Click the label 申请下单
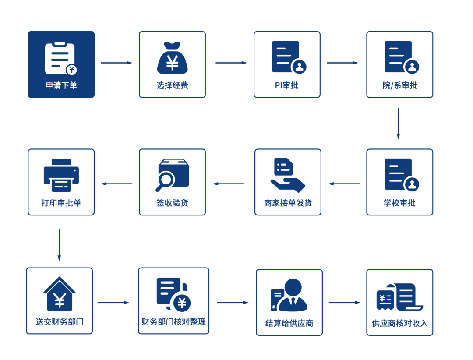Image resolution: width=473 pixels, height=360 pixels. (61, 85)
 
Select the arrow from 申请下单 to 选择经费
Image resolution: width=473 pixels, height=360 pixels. (116, 63)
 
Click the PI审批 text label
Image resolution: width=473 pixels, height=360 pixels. (286, 85)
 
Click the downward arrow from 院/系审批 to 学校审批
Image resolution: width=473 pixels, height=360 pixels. (398, 124)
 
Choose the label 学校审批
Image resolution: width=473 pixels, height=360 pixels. (399, 203)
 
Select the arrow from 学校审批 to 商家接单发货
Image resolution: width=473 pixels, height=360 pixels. (344, 184)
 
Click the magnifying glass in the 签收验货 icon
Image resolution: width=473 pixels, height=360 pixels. (166, 180)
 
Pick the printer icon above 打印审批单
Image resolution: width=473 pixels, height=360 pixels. (61, 175)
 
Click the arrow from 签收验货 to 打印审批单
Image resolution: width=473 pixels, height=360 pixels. (116, 184)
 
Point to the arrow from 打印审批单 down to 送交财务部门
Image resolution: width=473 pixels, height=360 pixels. (59, 245)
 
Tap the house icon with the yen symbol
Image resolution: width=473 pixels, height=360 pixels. (59, 294)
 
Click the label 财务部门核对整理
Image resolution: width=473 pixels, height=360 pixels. (173, 322)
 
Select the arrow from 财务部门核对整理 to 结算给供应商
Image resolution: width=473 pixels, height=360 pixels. (233, 303)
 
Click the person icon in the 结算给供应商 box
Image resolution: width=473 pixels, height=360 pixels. (293, 294)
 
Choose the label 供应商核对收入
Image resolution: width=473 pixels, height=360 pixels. (399, 324)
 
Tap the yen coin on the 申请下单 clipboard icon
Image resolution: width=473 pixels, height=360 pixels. (71, 70)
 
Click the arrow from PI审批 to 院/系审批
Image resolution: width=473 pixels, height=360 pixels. (342, 63)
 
